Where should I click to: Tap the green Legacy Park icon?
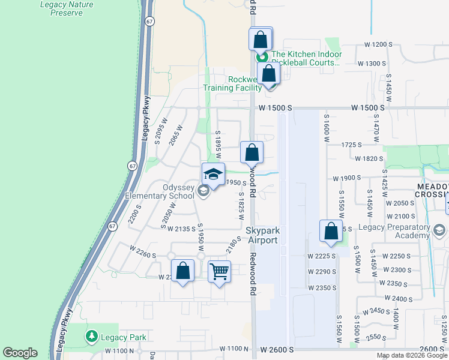91,336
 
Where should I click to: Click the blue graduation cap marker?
213,175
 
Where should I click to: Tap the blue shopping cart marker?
220,272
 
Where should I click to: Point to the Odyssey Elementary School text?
160,191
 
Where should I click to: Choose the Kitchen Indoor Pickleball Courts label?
306,58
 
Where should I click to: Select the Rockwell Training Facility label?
233,83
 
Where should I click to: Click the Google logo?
20,353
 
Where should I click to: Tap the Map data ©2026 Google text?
412,355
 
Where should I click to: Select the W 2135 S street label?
179,228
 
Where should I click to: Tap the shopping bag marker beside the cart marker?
183,271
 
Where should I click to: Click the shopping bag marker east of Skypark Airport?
331,233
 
